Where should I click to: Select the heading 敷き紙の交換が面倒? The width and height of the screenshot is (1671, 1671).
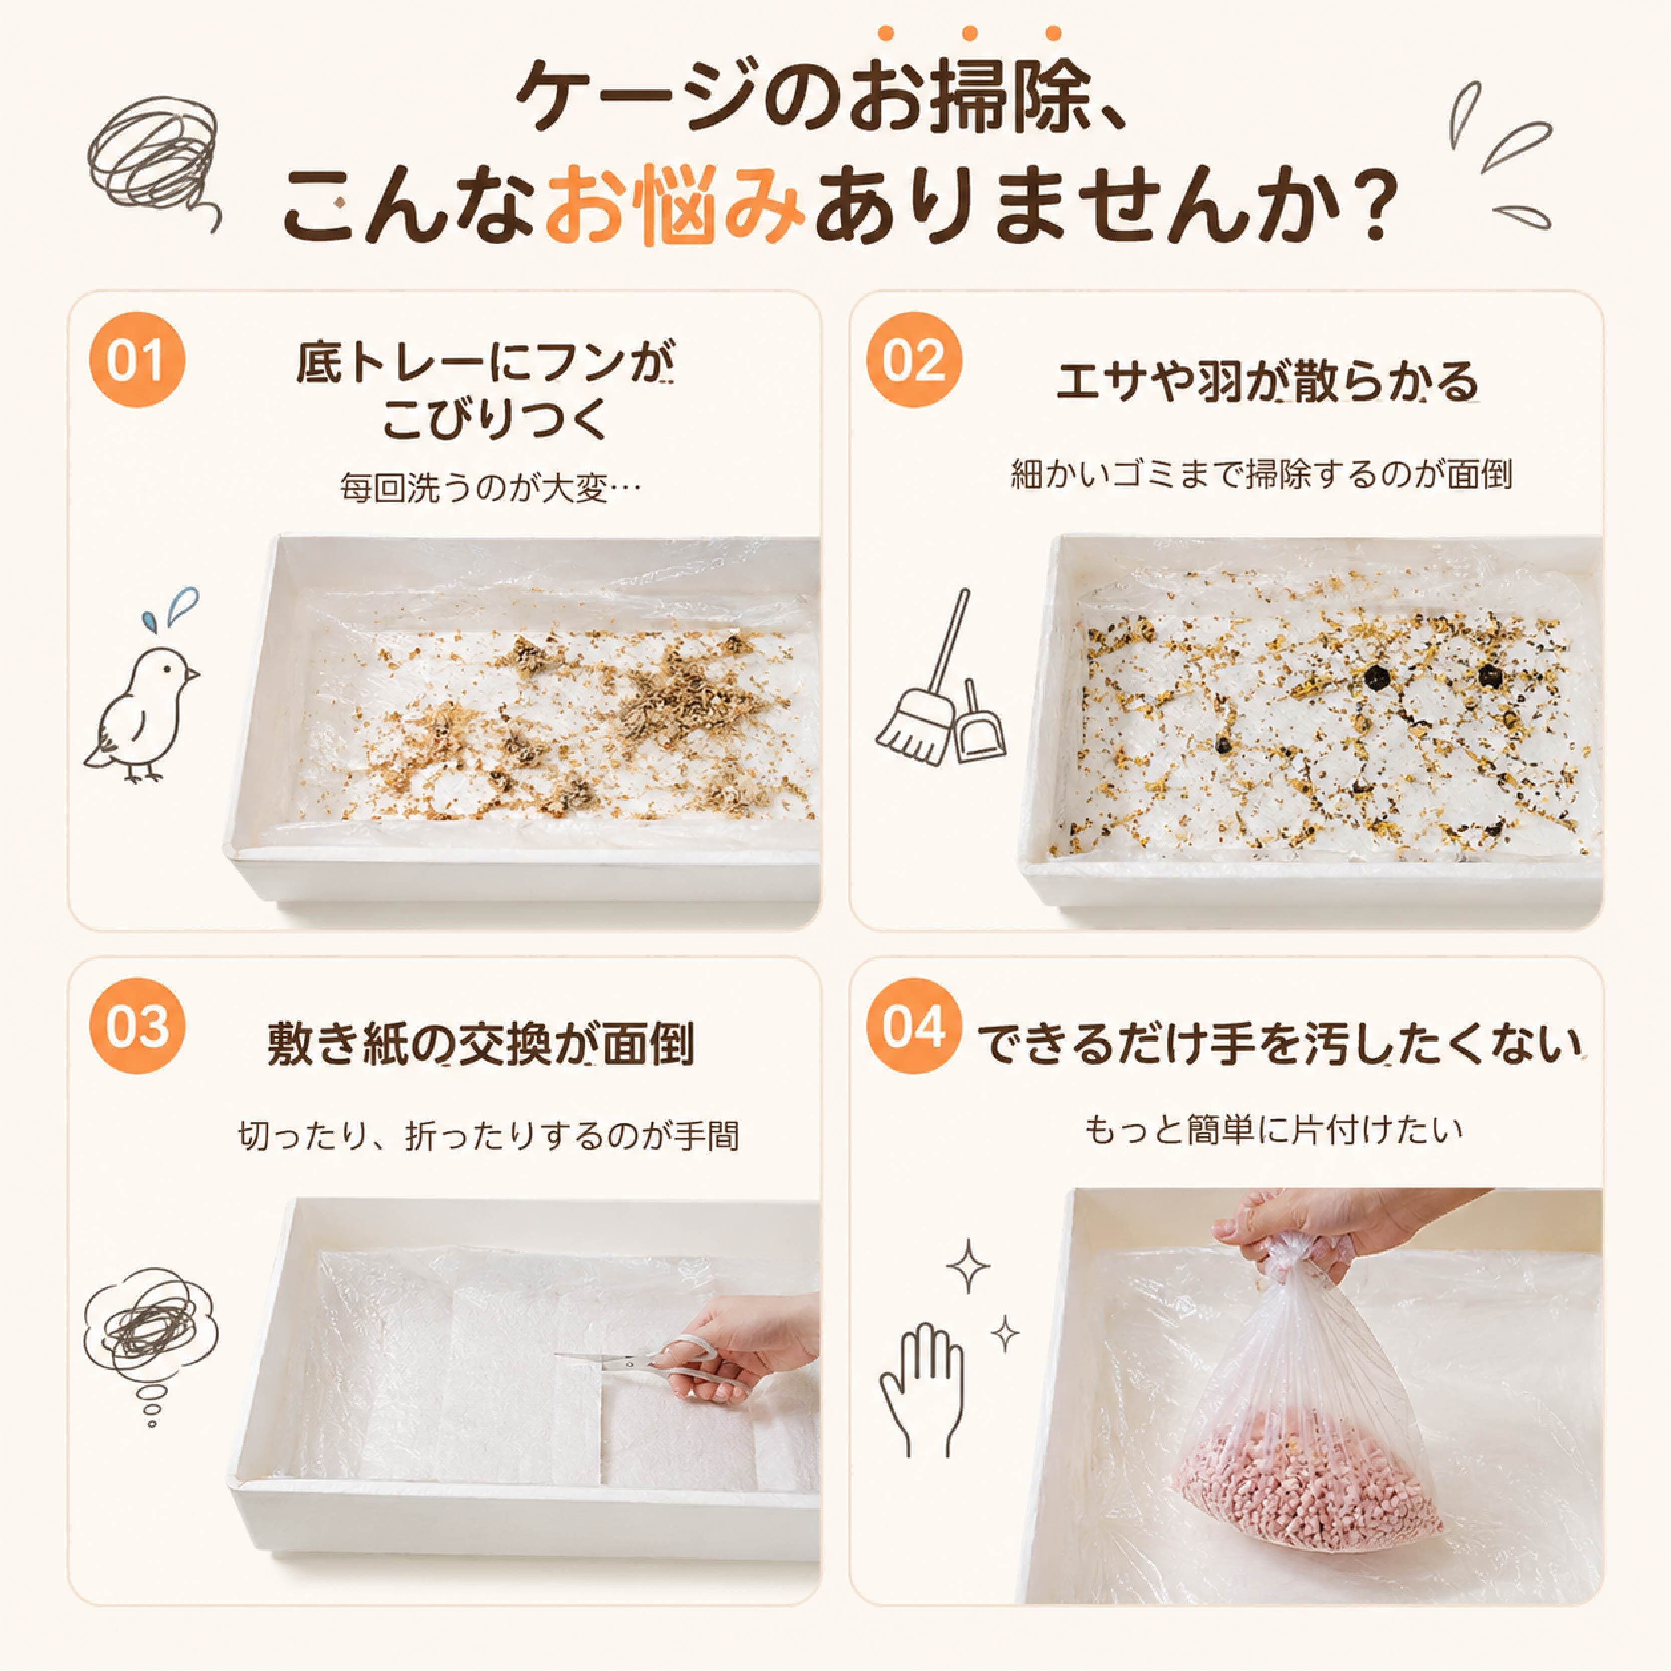481,1044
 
